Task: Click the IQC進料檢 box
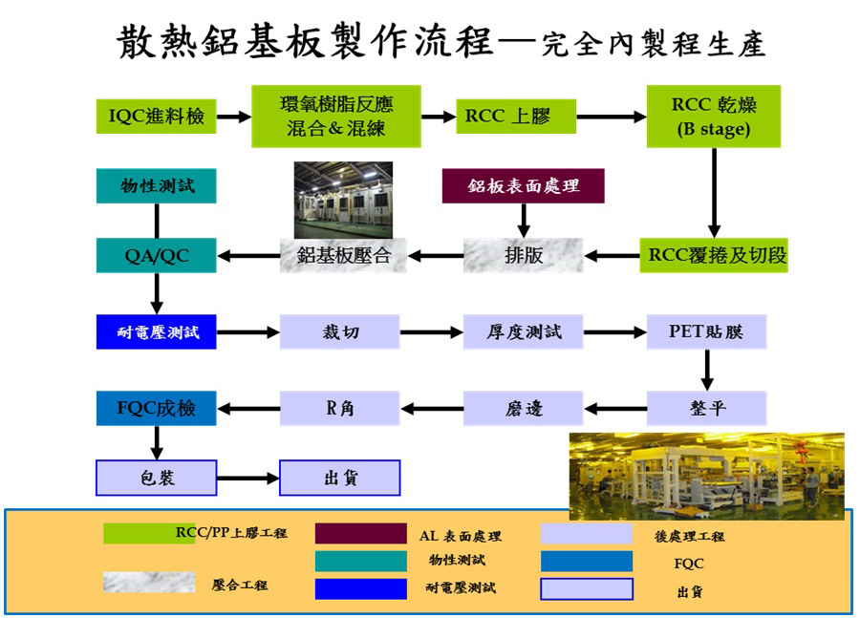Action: point(157,117)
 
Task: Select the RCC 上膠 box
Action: point(516,117)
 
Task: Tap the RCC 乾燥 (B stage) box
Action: point(714,117)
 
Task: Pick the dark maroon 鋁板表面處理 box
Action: point(524,186)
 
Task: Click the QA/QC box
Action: point(157,256)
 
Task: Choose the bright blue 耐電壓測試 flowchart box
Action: point(157,331)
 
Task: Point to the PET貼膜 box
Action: point(706,331)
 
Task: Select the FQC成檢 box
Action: point(157,408)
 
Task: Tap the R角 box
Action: point(339,408)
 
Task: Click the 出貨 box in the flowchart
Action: point(340,478)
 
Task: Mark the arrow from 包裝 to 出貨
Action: point(247,479)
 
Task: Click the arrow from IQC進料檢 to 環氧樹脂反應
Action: point(234,117)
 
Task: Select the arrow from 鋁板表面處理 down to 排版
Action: point(524,221)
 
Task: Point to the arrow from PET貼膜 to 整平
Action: point(707,371)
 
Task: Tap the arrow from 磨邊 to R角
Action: point(432,409)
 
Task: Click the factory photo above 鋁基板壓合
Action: point(343,200)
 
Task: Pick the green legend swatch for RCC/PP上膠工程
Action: point(149,534)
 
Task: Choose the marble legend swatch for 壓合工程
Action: point(149,582)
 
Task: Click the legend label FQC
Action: point(688,564)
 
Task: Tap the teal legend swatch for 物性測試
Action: point(361,561)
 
